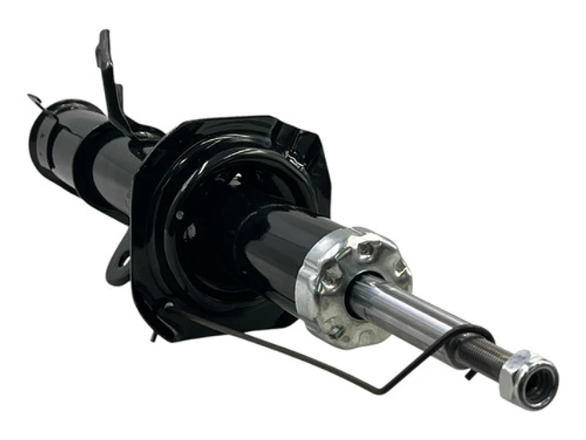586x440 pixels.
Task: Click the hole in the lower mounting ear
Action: click(x=125, y=261)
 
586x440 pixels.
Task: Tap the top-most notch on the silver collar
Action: click(x=364, y=240)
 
